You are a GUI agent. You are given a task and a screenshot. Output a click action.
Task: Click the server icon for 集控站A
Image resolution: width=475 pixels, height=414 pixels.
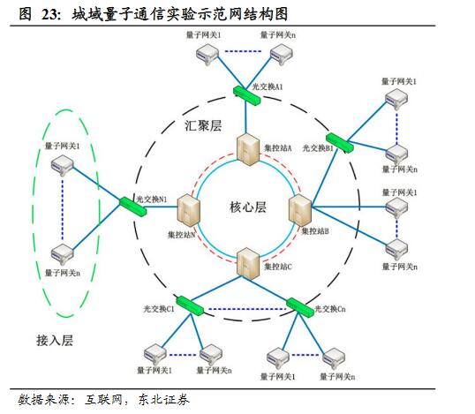coord(247,151)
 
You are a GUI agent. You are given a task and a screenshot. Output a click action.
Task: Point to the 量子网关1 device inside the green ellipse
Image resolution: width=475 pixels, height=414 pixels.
coord(63,164)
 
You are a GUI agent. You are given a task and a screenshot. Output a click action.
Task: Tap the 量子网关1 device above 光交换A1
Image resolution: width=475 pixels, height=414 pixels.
coord(208,55)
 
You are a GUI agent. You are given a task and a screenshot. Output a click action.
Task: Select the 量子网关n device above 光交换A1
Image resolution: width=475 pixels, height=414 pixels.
coord(281,55)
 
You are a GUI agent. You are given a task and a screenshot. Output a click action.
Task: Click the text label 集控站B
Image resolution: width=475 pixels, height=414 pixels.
coord(314,231)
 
